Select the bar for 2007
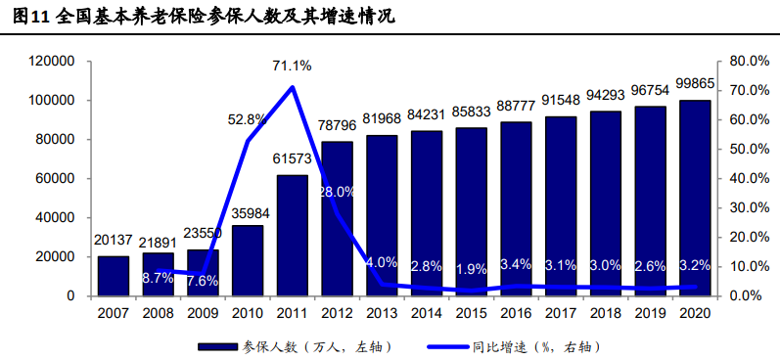click(114, 276)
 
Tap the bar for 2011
click(292, 235)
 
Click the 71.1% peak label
click(292, 67)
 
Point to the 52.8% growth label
click(248, 119)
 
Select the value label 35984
click(248, 214)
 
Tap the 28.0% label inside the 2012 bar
click(337, 192)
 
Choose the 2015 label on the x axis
click(471, 314)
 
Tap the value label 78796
click(337, 125)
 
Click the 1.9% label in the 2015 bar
click(471, 269)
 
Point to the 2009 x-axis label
click(203, 314)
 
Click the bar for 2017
click(561, 205)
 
